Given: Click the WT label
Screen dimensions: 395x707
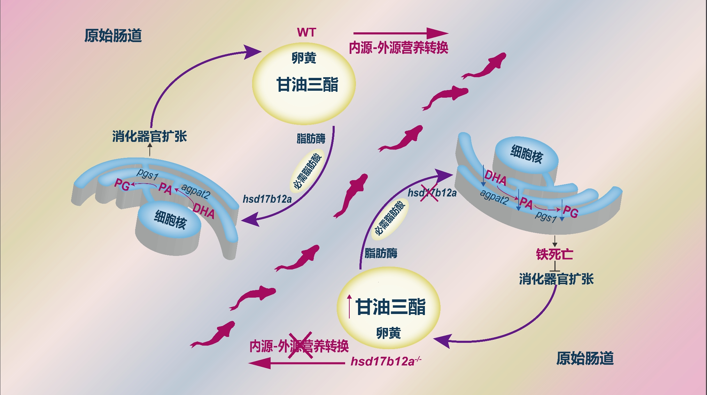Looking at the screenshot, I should (306, 33).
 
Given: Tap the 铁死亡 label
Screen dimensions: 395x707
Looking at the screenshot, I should (554, 254).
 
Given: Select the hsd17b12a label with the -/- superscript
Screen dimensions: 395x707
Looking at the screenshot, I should (386, 362).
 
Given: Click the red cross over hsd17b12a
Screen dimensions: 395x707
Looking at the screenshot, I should (429, 192).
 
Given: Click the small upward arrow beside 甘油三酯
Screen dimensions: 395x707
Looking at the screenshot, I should (349, 306).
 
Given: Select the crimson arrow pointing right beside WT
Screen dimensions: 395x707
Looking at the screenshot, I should (401, 33).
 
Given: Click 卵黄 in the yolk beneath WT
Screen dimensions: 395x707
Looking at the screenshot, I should (304, 58).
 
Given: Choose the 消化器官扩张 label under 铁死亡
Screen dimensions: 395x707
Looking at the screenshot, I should (556, 279).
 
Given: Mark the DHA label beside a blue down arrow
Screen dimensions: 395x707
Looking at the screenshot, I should (495, 178).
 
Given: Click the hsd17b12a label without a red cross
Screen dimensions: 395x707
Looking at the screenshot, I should (267, 199).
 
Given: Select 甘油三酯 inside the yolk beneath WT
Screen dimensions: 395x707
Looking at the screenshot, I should (307, 84).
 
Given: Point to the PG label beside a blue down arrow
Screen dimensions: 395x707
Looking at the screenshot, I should (570, 211).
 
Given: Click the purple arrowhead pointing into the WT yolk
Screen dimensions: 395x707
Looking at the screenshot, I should (252, 52).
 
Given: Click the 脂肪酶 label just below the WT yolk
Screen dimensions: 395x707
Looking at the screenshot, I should (311, 138).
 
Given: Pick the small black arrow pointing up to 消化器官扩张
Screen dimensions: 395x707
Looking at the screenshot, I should (150, 150).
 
